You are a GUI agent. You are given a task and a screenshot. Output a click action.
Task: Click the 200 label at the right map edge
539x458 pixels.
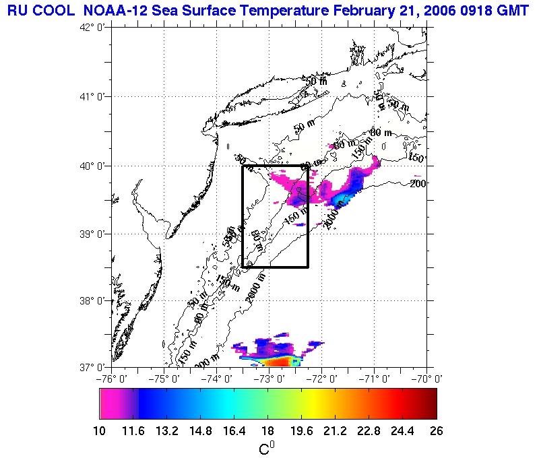coord(419,183)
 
